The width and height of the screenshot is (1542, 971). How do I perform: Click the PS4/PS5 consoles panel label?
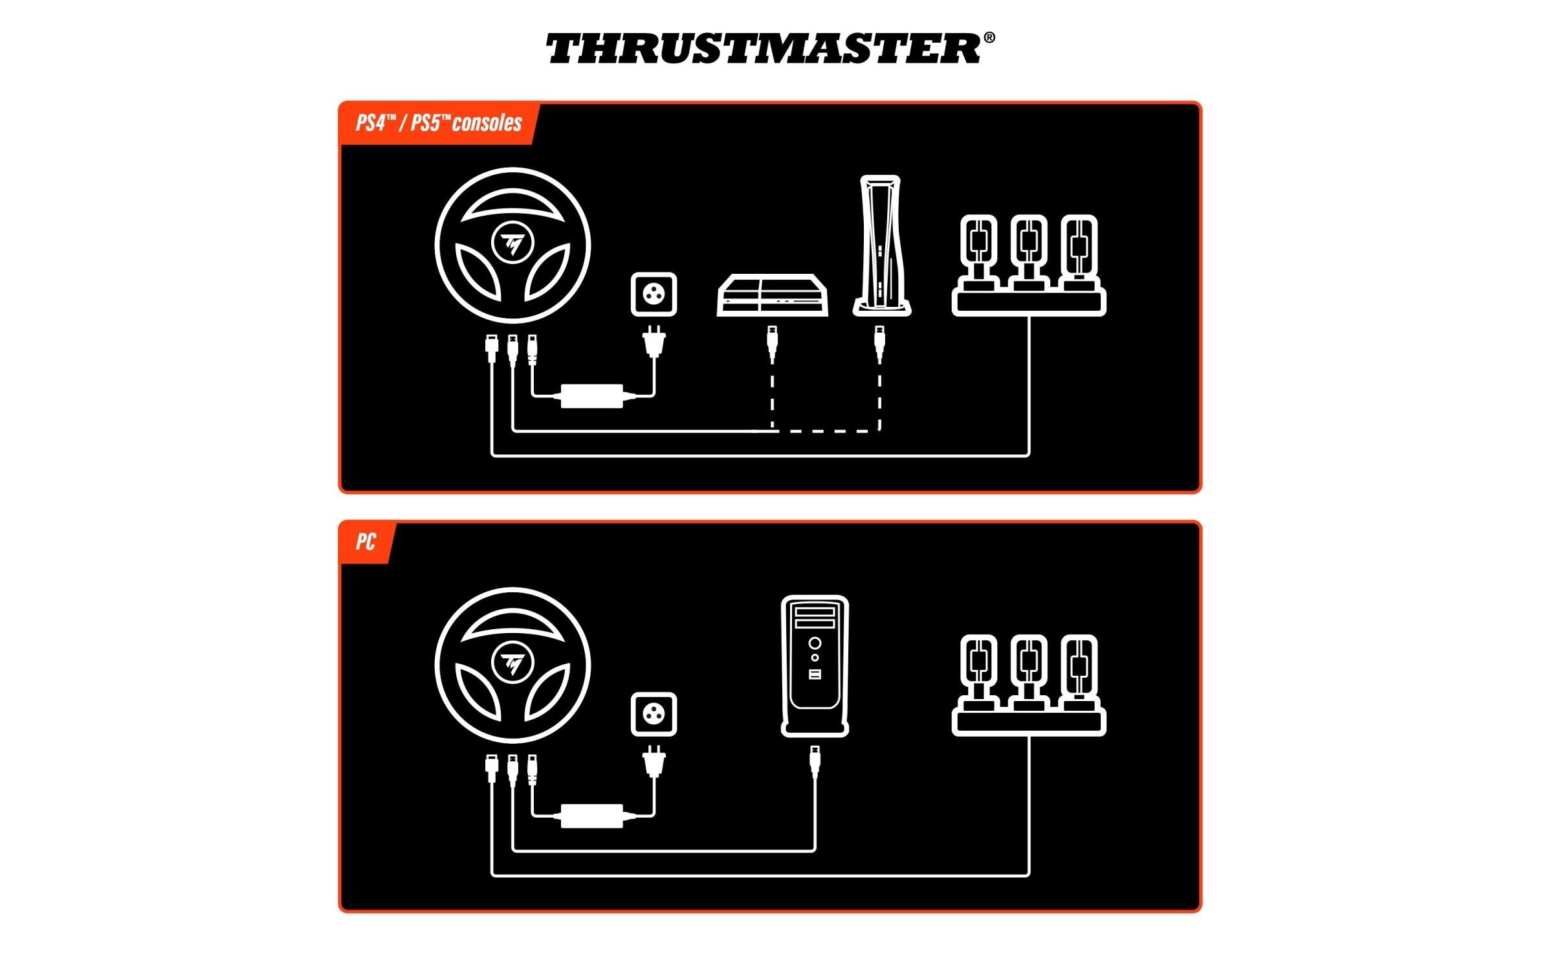point(439,123)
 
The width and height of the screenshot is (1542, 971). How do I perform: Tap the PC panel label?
point(366,542)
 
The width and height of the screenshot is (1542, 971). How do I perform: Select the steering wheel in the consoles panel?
point(512,245)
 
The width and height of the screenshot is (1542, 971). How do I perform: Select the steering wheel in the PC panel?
point(512,665)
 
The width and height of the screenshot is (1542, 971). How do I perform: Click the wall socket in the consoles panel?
point(654,295)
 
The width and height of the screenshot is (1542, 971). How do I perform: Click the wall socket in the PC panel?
point(654,715)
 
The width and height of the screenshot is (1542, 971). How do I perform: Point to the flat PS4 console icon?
point(772,295)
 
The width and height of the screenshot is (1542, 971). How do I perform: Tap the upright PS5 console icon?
point(881,245)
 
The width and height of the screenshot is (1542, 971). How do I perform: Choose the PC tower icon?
point(815,666)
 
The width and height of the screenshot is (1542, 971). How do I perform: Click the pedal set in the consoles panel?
point(1029,265)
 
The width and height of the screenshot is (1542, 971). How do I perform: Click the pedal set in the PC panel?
point(1029,686)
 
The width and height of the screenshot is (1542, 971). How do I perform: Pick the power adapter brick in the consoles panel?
point(591,396)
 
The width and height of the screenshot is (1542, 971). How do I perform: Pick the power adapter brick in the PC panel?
point(591,816)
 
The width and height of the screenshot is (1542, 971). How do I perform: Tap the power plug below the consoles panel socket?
point(654,341)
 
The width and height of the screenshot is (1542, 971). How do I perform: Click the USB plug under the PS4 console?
point(772,344)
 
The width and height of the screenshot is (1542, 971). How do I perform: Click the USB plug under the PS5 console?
point(879,344)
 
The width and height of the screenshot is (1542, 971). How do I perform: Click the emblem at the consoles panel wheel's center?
point(512,243)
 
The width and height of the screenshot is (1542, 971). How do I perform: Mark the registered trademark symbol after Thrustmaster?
point(989,38)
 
